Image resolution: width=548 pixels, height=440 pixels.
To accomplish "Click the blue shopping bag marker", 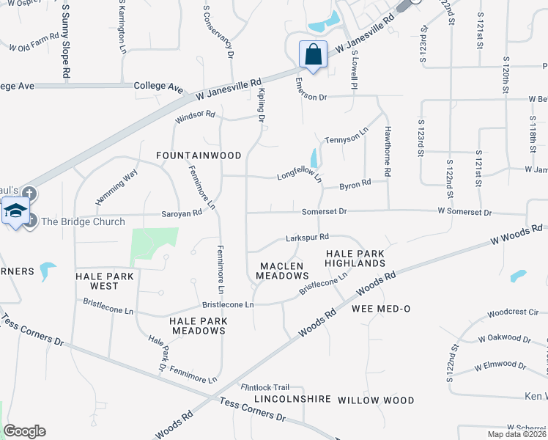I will pos(313,54).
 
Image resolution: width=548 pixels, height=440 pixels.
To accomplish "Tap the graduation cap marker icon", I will pos(15,210).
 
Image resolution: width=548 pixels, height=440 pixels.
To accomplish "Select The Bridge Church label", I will pos(83,222).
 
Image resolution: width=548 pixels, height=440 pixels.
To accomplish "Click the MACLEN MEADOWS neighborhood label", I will pos(282,270).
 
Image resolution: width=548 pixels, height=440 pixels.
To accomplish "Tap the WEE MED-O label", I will pos(380,309).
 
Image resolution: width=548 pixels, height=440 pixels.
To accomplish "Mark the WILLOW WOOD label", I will pos(376,400).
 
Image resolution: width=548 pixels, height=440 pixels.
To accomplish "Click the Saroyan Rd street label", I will pos(182,213).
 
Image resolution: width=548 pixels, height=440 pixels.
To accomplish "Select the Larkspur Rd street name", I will pos(306,238).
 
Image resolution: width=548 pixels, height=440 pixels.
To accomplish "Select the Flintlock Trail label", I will pos(266,386).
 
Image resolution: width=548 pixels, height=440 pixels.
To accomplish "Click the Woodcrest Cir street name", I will pos(512,312).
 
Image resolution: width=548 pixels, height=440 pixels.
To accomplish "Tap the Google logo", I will pos(24,431).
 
